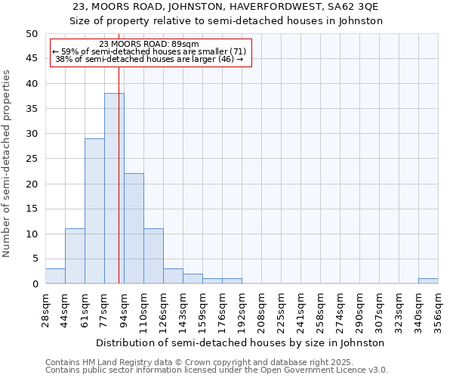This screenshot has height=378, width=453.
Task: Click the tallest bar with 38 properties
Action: pyautogui.click(x=114, y=188)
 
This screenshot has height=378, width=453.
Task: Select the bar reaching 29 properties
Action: pyautogui.click(x=94, y=211)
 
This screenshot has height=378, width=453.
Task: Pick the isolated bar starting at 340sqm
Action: pyautogui.click(x=428, y=281)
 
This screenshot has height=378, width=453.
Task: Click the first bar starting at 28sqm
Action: pyautogui.click(x=55, y=276)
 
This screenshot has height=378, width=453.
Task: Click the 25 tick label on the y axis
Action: pyautogui.click(x=32, y=159)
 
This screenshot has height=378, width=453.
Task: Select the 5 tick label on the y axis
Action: pyautogui.click(x=35, y=259)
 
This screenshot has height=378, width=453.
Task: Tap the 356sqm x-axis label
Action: pyautogui.click(x=438, y=310)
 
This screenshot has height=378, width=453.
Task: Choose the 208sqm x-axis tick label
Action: pyautogui.click(x=261, y=310)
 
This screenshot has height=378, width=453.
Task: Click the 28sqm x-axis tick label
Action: pyautogui.click(x=46, y=310)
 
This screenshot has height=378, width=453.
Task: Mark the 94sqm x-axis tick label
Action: pyautogui.click(x=125, y=310)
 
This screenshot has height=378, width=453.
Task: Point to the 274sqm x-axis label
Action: pyautogui.click(x=340, y=310)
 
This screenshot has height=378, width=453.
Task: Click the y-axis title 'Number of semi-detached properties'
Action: pyautogui.click(x=8, y=163)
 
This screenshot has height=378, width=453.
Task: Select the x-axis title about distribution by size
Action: pyautogui.click(x=241, y=342)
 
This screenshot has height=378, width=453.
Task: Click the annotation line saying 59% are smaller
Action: pyautogui.click(x=149, y=51)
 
